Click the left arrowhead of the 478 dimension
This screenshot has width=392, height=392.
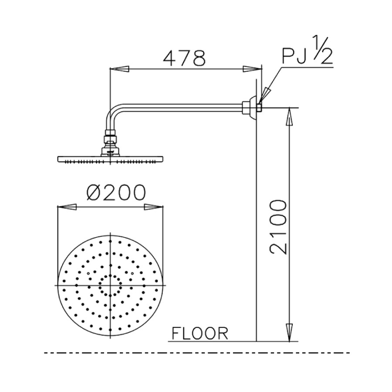pos(118,68)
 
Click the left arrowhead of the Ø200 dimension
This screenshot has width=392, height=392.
pos(67,208)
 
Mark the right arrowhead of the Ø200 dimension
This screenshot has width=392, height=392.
pos(153,208)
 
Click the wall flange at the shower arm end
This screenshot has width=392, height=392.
pos(249,108)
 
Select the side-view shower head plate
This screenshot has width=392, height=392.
pos(110,159)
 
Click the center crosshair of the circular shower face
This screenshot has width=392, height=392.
pos(111,285)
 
